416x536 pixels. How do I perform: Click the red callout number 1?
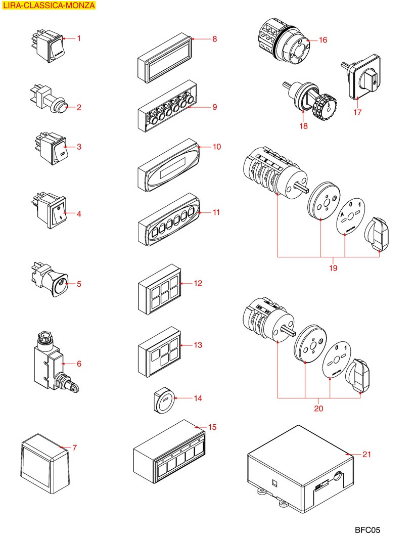tap(79, 38)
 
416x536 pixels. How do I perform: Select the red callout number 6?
tap(79, 364)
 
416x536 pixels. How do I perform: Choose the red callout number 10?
tap(217, 147)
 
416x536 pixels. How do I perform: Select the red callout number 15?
tap(212, 427)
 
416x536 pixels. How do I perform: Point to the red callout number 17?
tap(357, 112)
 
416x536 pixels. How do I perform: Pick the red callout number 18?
tap(303, 126)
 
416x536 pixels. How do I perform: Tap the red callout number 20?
tap(318, 408)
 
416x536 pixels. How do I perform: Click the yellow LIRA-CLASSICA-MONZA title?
tap(49, 6)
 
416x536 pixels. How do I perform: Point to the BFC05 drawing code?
tap(366, 530)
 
